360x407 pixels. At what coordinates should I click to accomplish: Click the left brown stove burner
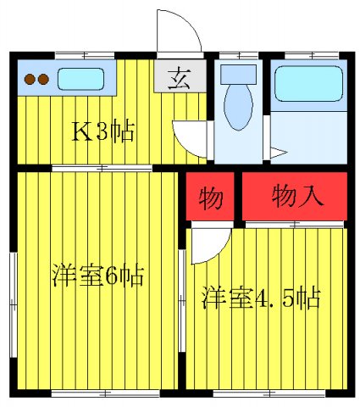pos(27,81)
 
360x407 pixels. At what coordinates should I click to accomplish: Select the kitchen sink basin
pos(81,80)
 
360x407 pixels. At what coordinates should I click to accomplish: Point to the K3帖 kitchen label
pos(102,132)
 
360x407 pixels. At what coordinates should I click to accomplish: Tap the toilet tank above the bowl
pos(237,75)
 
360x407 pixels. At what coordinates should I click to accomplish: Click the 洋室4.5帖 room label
pos(260,298)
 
